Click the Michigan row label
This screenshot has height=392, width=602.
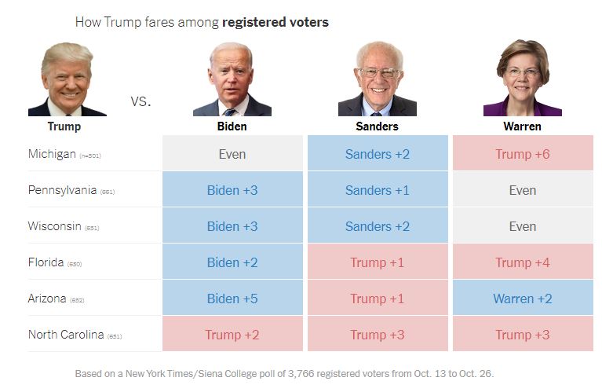pos(52,154)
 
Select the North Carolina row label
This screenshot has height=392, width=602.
pos(66,335)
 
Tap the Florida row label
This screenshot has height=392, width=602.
pos(46,262)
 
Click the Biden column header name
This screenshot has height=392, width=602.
pos(232,126)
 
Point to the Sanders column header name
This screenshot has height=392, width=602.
pos(377,126)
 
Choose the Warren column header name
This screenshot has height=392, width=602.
pos(522,126)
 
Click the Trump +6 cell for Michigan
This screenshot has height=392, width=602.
pos(522,154)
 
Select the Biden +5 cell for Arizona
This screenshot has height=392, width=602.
pos(232,299)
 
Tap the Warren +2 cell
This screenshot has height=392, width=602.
pos(522,299)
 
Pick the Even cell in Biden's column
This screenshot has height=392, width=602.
pos(232,154)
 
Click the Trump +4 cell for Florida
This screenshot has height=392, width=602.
pos(522,262)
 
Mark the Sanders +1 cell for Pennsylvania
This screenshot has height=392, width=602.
pos(377,190)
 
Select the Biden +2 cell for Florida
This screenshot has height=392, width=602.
pos(232,262)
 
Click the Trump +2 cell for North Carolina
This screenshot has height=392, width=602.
pos(232,335)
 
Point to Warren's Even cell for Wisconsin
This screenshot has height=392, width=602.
pos(522,226)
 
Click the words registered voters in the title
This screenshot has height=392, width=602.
pos(275,22)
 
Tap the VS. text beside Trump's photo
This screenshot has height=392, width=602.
pos(140,101)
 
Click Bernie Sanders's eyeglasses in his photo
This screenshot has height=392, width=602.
pos(378,73)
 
